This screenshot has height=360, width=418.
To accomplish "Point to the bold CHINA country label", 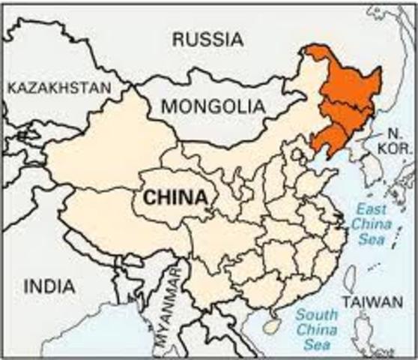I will [175, 197].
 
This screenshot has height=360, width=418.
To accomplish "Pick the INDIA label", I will [49, 286].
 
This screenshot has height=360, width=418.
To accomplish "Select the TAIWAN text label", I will [372, 301].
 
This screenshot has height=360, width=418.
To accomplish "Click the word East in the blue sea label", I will [372, 208].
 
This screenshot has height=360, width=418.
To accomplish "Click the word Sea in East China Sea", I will [372, 240].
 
